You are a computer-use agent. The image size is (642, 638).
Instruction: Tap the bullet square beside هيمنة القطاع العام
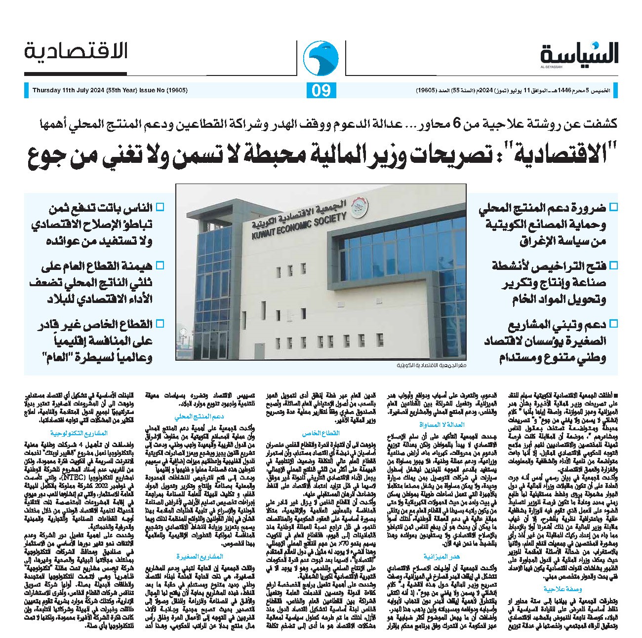point(160,265)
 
